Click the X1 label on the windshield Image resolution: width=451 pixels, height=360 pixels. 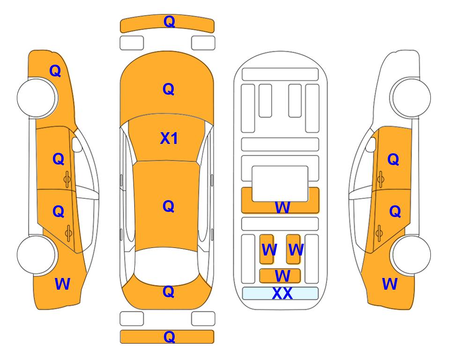coord(169,138)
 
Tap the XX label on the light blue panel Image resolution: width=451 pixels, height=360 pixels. coord(282,293)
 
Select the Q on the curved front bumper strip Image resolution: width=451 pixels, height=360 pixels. coord(169,22)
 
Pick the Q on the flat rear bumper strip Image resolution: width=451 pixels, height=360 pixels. coord(169,337)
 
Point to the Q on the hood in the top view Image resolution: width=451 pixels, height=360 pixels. coord(169,89)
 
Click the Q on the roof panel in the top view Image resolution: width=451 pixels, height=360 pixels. coord(169,206)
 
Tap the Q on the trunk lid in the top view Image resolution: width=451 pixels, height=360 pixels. coord(169,292)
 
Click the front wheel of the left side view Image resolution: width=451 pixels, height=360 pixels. coord(37,98)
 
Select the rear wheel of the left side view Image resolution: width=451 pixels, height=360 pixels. coord(37,255)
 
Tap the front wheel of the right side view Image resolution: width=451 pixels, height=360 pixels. coord(411,98)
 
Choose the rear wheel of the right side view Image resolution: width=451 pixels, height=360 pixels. coord(411,255)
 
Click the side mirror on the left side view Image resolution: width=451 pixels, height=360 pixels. coord(77,144)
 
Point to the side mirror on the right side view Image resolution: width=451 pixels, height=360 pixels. coord(371,144)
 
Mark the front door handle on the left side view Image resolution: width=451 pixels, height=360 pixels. coord(67,179)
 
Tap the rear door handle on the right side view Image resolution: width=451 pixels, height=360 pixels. coord(379,233)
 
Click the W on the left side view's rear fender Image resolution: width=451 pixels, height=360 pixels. coord(62,284)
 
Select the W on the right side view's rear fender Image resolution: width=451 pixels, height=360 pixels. coord(390,284)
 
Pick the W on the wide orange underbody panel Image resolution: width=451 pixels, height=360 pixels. coord(282,207)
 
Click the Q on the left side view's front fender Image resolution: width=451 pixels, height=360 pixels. coord(55,71)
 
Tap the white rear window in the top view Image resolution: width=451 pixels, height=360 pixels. coord(167,266)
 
